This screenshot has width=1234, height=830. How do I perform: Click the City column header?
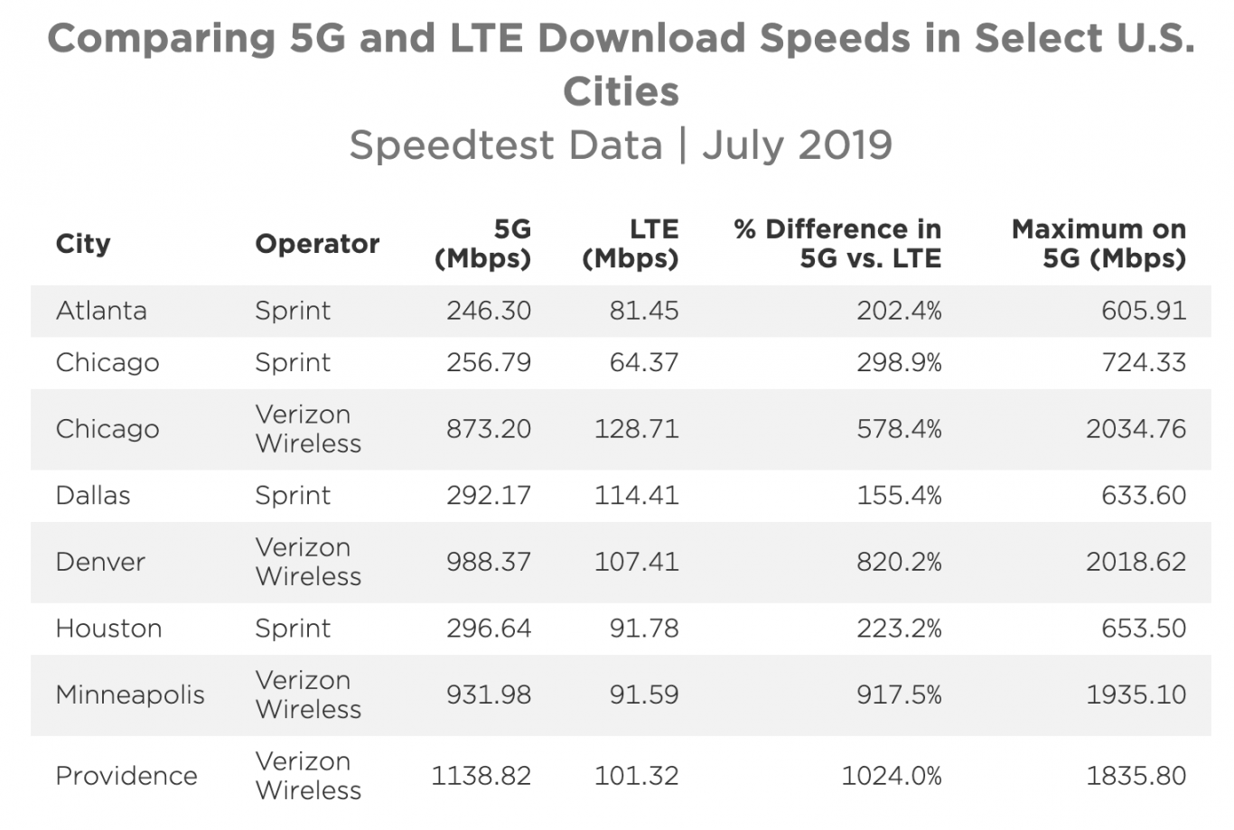pos(83,244)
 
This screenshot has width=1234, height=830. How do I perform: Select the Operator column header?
pos(317,244)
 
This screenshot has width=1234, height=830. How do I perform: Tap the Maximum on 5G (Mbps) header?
pos(1098,244)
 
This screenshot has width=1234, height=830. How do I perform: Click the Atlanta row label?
pos(101,311)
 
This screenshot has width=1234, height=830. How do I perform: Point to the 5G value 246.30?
pos(489,311)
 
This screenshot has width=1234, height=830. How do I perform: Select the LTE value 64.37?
pos(643,362)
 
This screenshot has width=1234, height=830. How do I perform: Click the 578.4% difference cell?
pos(899,429)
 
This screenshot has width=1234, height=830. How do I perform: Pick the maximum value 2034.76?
pos(1136,429)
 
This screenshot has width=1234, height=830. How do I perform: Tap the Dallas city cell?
pos(93,496)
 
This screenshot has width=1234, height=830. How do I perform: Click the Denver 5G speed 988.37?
pos(489,562)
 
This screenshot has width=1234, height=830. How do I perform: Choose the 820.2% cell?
pos(899,562)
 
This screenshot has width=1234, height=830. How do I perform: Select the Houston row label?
pos(108,629)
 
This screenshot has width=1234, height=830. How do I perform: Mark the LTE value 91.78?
pos(643,629)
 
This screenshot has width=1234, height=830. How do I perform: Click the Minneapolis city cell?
pos(130,695)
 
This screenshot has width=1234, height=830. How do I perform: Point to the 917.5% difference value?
pos(899,695)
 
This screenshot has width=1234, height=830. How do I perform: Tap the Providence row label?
pos(126,776)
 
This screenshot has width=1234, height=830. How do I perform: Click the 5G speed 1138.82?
pos(481,776)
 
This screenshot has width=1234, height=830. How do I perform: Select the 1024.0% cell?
pos(892,776)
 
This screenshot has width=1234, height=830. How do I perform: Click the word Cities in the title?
pos(621,91)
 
